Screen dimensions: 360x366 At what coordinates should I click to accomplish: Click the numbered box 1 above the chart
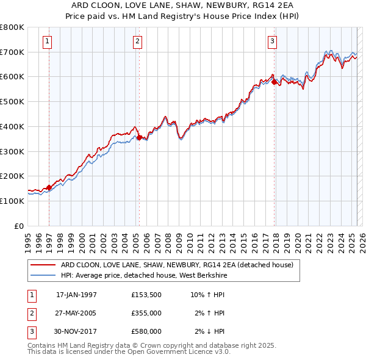48,41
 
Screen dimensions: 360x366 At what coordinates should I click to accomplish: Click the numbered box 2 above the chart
138,41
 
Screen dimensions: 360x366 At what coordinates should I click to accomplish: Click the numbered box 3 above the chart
272,41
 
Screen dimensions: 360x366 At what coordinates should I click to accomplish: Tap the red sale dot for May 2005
139,138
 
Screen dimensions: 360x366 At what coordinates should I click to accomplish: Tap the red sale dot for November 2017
274,81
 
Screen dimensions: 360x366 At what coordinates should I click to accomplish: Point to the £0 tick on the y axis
20,226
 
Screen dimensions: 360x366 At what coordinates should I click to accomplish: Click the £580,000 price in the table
146,331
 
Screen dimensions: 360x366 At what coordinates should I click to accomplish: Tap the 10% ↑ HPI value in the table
207,294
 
